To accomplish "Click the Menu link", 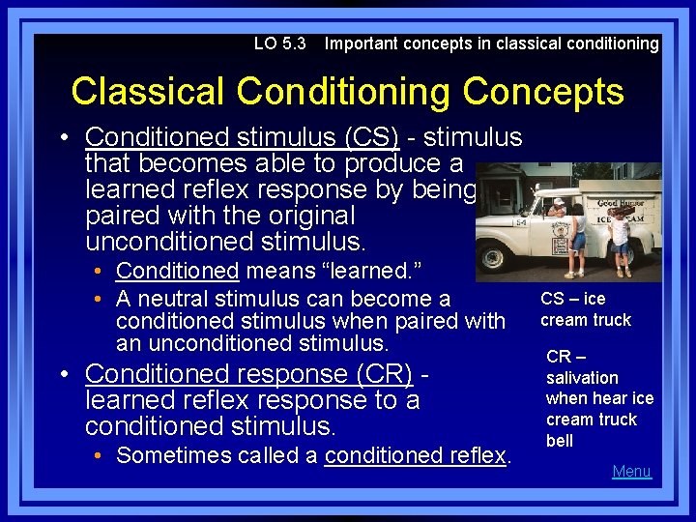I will [x=632, y=472].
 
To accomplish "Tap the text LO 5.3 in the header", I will [x=279, y=43].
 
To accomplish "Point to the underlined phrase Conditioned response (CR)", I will [x=248, y=373].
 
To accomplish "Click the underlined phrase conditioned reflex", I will [x=416, y=455].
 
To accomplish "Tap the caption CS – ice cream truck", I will [x=585, y=309].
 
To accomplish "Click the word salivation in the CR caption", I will [x=582, y=378].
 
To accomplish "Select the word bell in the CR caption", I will [x=560, y=441].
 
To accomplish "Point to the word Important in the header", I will [x=362, y=43].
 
